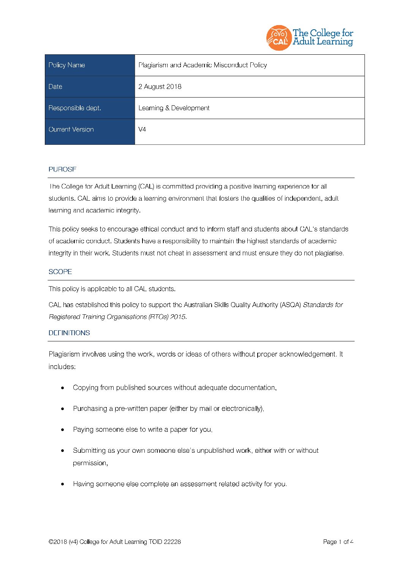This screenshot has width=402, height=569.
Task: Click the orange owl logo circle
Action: pos(279,38)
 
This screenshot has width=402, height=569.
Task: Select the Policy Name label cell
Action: pos(90,65)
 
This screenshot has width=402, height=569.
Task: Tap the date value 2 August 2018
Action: pos(160,87)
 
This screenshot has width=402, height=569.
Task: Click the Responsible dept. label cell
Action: pos(90,108)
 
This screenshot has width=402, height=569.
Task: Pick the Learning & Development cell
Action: pos(174,108)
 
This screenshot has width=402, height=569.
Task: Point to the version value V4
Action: pos(142,129)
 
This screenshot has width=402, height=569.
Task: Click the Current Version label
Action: pos(71,129)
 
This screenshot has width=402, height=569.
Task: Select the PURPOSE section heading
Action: pos(62,169)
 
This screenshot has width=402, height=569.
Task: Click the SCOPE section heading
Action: pos(60,272)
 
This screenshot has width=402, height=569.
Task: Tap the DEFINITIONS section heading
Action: pos(69,333)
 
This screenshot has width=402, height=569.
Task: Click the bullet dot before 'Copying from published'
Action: pos(63,388)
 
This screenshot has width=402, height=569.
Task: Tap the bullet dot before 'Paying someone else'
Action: pos(63,430)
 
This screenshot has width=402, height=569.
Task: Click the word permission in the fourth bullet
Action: pos(90,463)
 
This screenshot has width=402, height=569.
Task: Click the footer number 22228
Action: pos(172,542)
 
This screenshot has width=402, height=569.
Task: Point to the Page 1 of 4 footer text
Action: pos(338,542)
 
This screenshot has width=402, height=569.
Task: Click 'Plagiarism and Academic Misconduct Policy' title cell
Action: pos(203,65)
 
